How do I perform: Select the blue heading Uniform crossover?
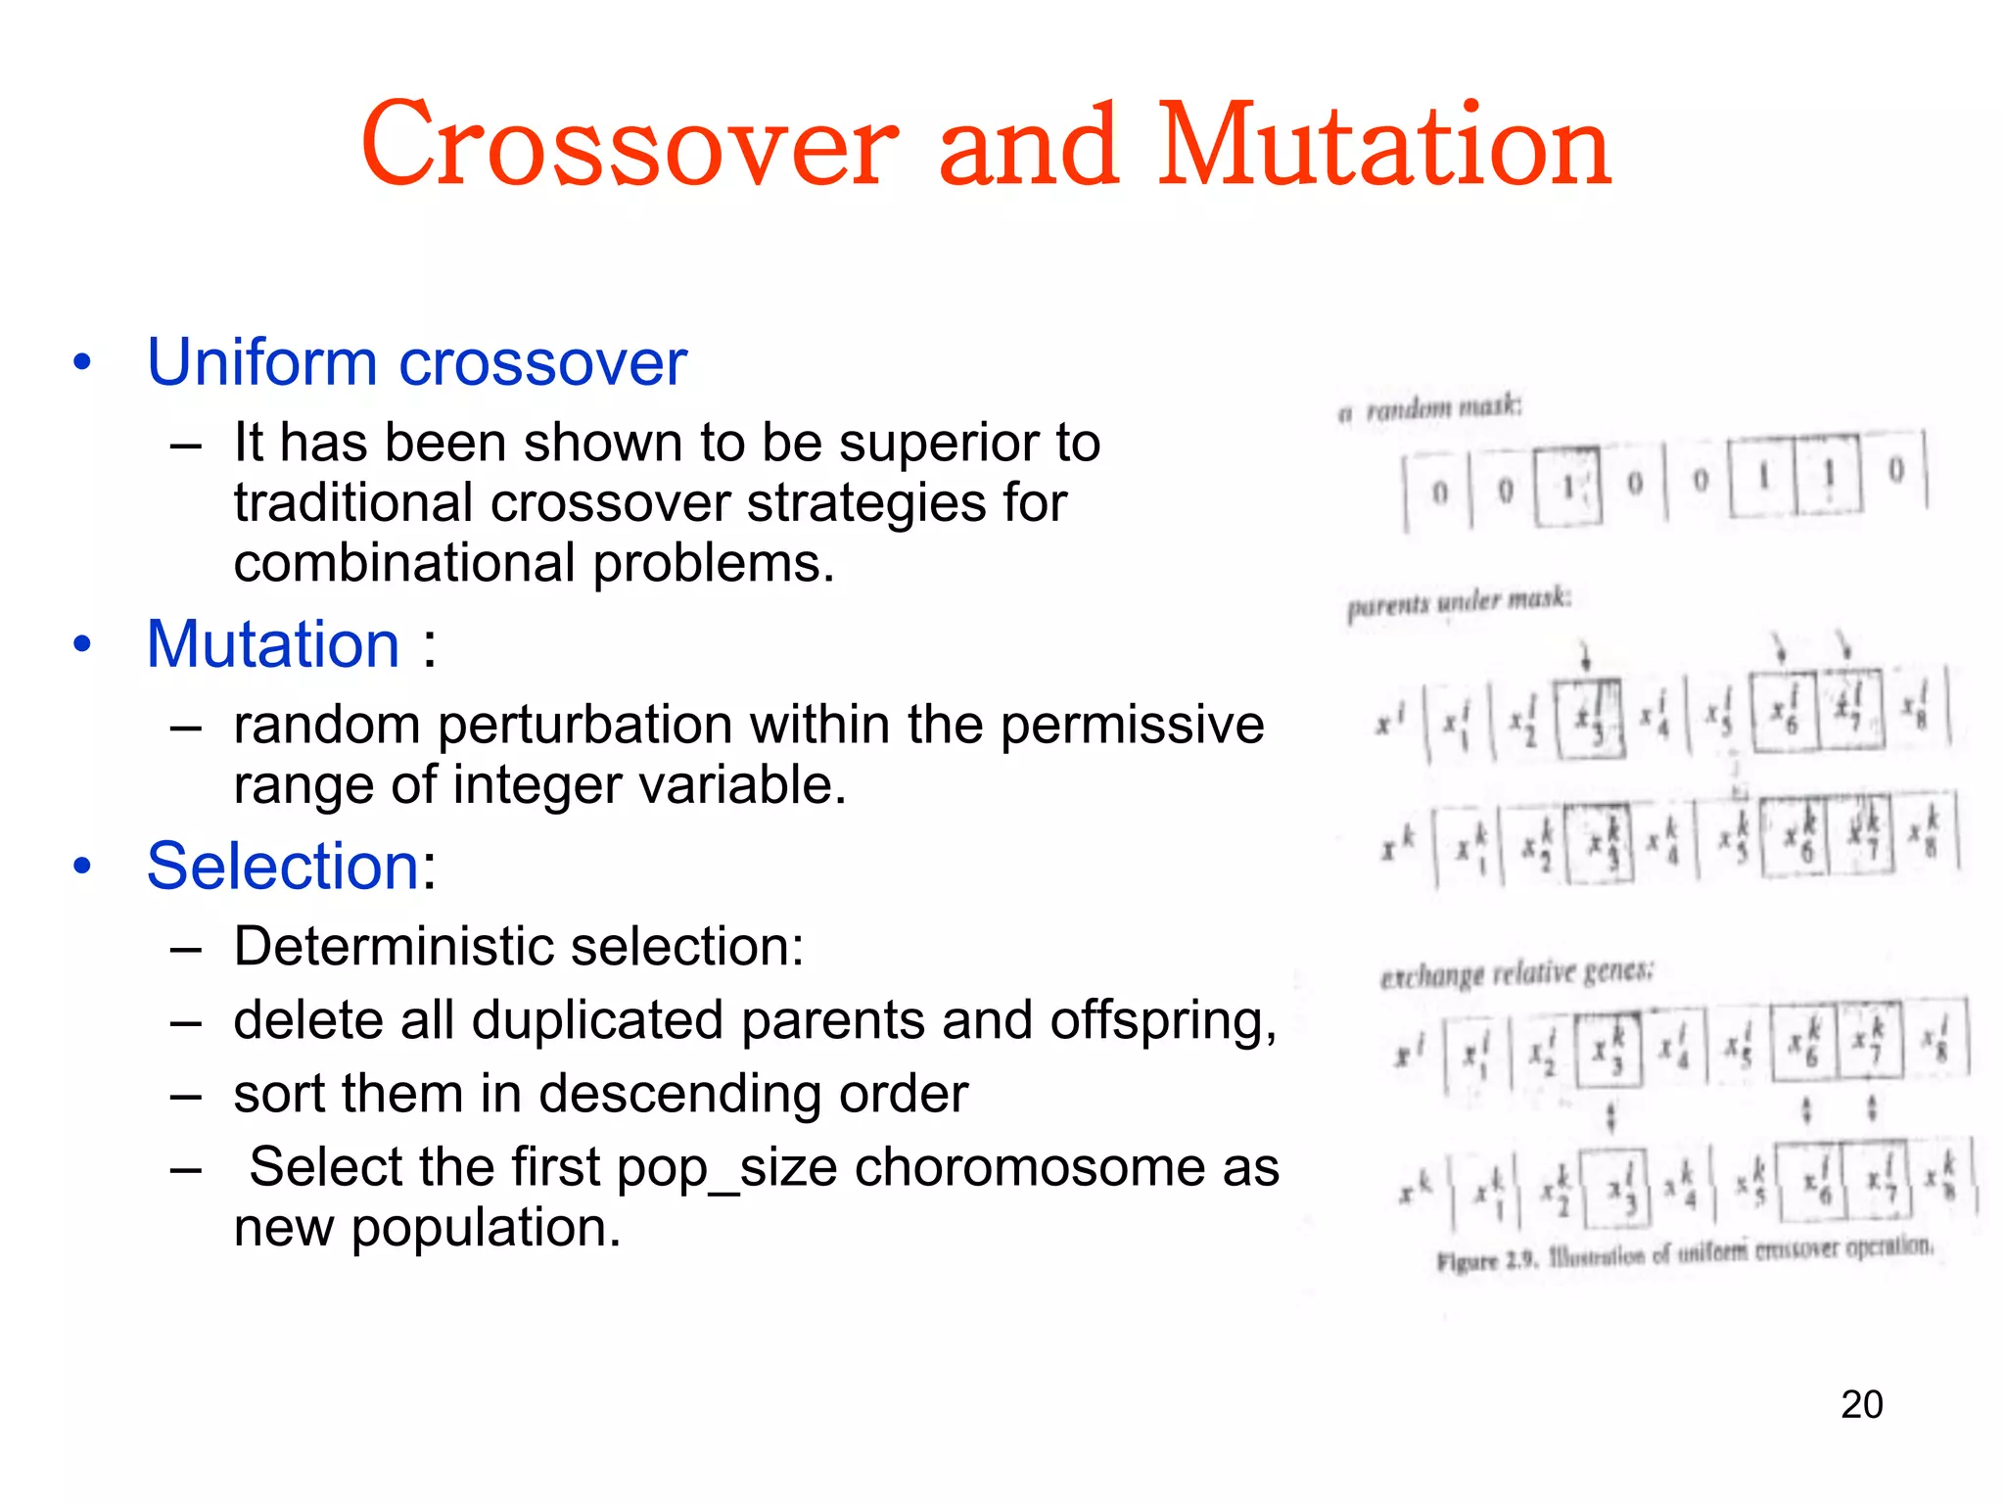(416, 362)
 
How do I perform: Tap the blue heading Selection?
(284, 867)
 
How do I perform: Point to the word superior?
(939, 443)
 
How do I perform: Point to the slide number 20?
(1861, 1404)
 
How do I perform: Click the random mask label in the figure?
(1431, 407)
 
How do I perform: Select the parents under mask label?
(1459, 601)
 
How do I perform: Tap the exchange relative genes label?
(1516, 973)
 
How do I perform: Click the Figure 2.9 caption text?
(1684, 1253)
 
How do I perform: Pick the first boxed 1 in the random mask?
(1567, 486)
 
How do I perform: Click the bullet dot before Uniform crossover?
(82, 362)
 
